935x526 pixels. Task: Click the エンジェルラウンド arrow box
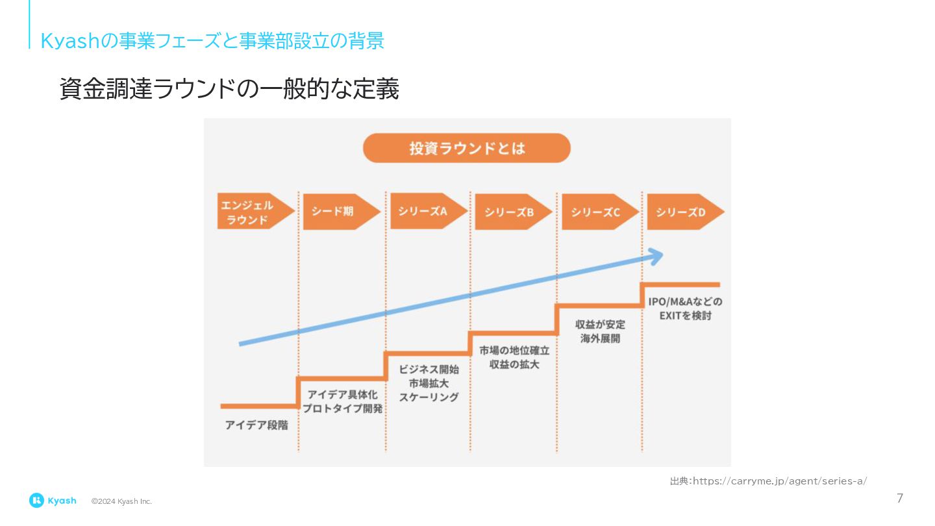pyautogui.click(x=253, y=212)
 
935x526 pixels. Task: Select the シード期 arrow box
pyautogui.click(x=339, y=212)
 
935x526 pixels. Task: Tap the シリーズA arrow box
pyautogui.click(x=426, y=212)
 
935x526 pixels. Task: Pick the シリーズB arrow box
pyautogui.click(x=511, y=212)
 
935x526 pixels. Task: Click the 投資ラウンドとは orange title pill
pyautogui.click(x=466, y=148)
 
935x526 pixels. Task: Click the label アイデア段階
pyautogui.click(x=256, y=426)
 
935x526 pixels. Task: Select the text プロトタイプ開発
pyautogui.click(x=342, y=409)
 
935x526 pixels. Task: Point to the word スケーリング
pyautogui.click(x=429, y=397)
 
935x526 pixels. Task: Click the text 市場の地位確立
pyautogui.click(x=514, y=351)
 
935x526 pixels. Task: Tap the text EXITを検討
pyautogui.click(x=685, y=316)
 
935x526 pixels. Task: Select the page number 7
pyautogui.click(x=899, y=499)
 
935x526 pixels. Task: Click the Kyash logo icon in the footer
pyautogui.click(x=36, y=500)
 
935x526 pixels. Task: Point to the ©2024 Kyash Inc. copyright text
pyautogui.click(x=121, y=501)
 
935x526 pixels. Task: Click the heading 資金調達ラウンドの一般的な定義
pyautogui.click(x=229, y=90)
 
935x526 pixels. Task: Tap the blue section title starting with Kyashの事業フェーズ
pyautogui.click(x=212, y=41)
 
